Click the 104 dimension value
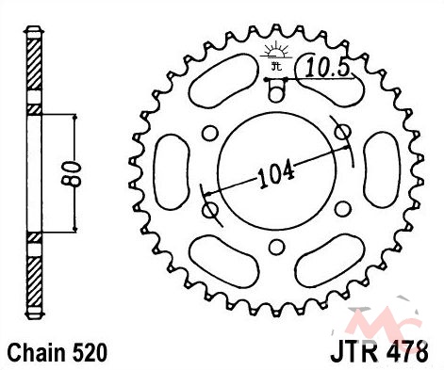click(x=276, y=175)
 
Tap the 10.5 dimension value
click(x=327, y=68)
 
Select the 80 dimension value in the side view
click(x=74, y=174)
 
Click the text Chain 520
click(x=58, y=353)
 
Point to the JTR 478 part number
click(x=379, y=352)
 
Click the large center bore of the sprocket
click(x=277, y=171)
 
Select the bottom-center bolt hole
click(x=276, y=248)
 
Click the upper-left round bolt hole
click(x=210, y=133)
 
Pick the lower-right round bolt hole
click(x=342, y=209)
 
